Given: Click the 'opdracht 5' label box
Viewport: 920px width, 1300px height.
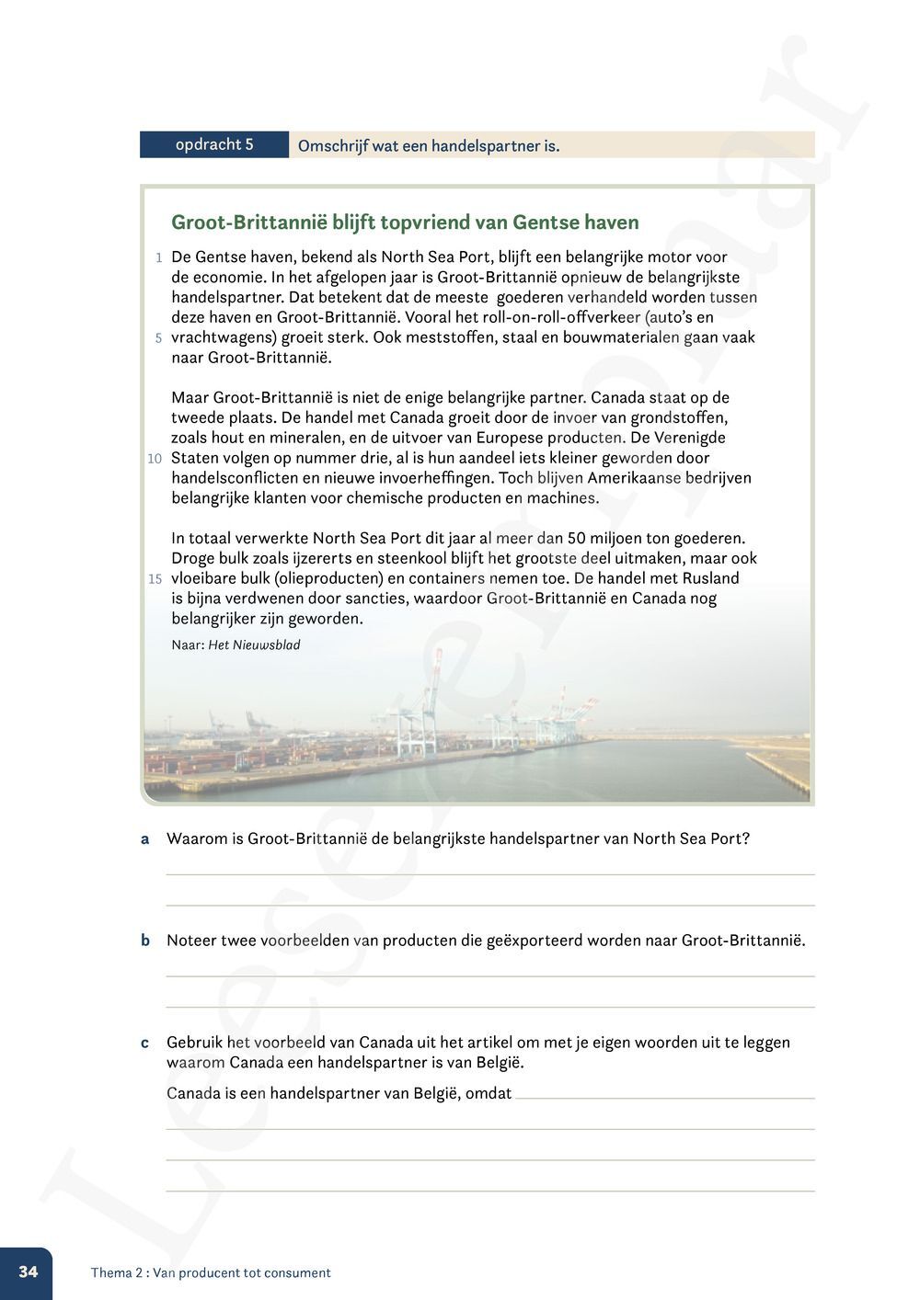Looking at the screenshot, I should coord(214,144).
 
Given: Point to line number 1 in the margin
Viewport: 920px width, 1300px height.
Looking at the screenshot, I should coord(159,258).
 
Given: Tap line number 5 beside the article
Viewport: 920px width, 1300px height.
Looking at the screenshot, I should coord(158,338).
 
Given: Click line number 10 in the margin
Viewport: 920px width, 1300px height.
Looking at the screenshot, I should coord(155,459).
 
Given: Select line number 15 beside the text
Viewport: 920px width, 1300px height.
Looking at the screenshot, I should coord(155,579).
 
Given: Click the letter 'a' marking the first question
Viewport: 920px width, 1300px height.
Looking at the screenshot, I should coord(144,839).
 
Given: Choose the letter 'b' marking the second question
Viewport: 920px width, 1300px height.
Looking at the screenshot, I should coord(144,941).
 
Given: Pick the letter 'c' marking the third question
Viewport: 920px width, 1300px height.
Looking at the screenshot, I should coord(144,1043).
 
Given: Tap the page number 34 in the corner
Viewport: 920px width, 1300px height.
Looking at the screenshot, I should coord(29,1271).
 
